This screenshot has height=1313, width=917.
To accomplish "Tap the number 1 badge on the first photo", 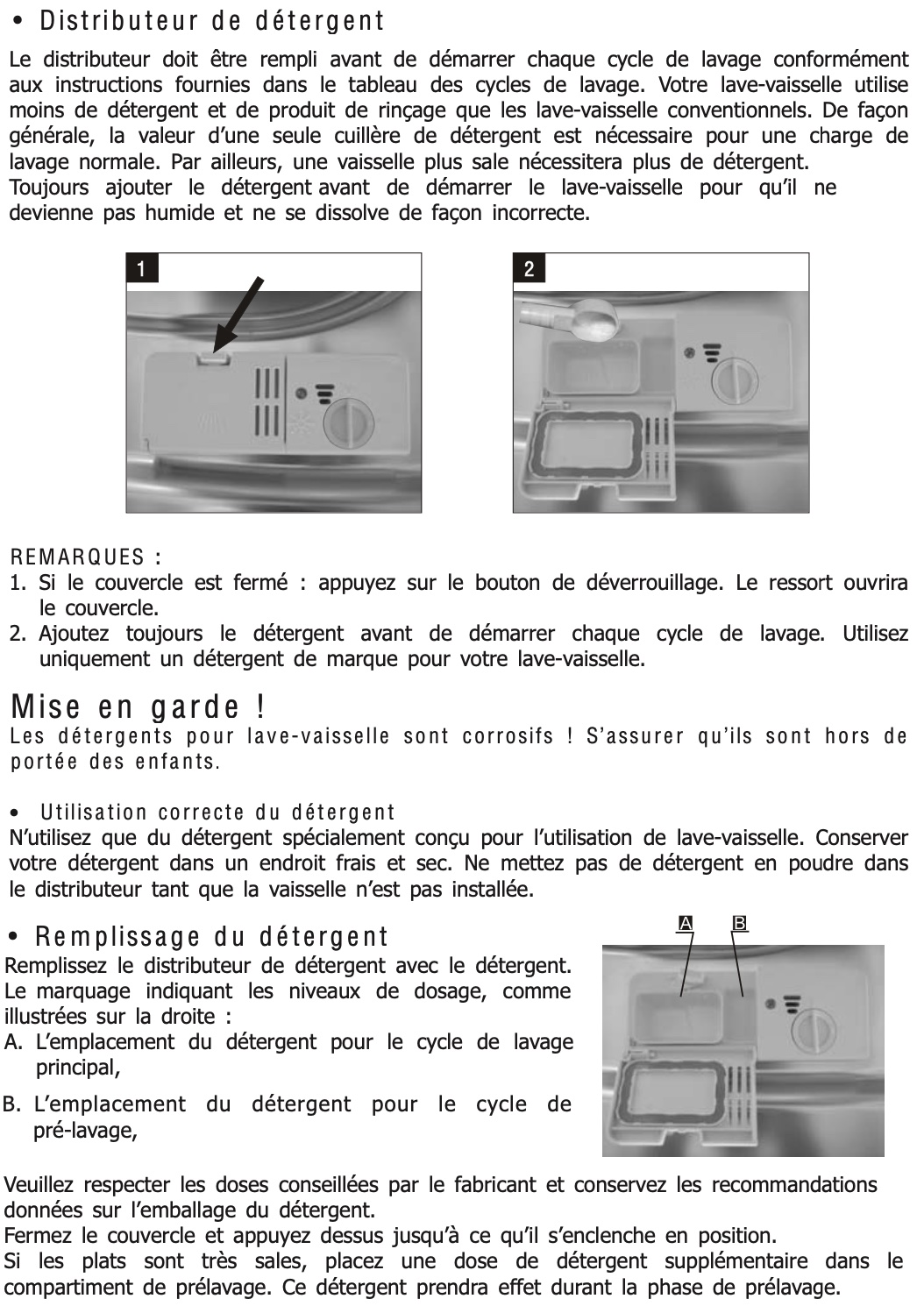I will tap(142, 267).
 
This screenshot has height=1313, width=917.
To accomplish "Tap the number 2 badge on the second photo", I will tap(529, 268).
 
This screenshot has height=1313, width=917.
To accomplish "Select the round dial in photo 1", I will tap(348, 424).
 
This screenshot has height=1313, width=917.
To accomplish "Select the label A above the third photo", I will tap(686, 923).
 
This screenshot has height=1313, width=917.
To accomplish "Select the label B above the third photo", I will tap(740, 923).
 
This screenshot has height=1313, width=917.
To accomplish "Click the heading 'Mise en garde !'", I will tap(139, 706).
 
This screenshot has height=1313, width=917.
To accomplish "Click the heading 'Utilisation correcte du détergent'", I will tap(217, 813).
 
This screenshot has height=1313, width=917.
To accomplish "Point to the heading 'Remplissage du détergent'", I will tap(211, 937).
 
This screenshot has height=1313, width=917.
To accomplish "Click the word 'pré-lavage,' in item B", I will tap(85, 1131).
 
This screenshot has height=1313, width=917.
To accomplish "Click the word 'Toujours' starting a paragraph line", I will tap(49, 188).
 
